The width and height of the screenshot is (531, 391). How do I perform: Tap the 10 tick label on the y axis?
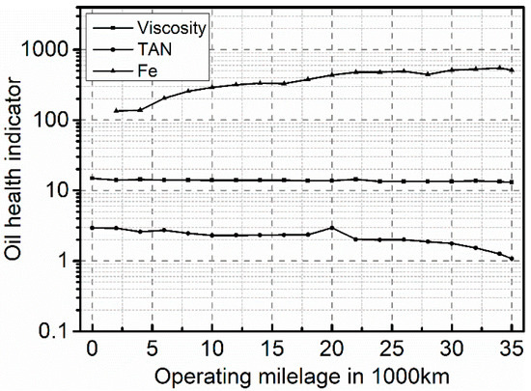(68, 190)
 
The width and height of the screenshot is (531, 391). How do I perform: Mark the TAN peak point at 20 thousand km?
(332, 228)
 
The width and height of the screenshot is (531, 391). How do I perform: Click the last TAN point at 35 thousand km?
(512, 259)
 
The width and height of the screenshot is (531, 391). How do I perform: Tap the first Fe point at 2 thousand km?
(117, 111)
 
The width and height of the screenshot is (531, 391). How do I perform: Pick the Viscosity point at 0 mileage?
(93, 178)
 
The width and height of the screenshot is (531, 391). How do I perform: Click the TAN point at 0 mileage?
(93, 228)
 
